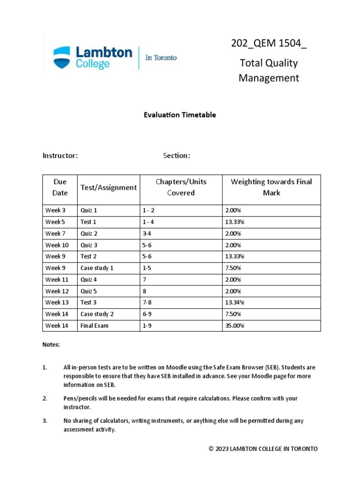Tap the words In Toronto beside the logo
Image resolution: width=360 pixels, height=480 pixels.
tap(161, 58)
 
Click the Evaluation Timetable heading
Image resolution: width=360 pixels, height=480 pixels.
tap(180, 115)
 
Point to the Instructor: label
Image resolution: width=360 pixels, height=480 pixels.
tap(60, 156)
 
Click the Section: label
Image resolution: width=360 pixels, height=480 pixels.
tap(176, 156)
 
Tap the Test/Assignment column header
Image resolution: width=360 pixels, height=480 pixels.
tap(108, 187)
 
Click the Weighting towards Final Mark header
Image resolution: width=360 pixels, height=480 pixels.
tap(271, 187)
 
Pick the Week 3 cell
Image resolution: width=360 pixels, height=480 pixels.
tap(55, 210)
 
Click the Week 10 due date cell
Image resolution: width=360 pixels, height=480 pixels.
tap(57, 245)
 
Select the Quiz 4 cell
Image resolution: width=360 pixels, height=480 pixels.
tap(89, 279)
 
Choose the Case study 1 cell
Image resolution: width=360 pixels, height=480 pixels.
tap(97, 268)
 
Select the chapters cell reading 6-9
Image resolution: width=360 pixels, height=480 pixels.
tap(147, 314)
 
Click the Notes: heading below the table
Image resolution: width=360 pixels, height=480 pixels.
tap(52, 345)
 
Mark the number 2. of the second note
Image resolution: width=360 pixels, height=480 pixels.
tap(45, 398)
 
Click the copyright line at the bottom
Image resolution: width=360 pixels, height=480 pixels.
tap(263, 449)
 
